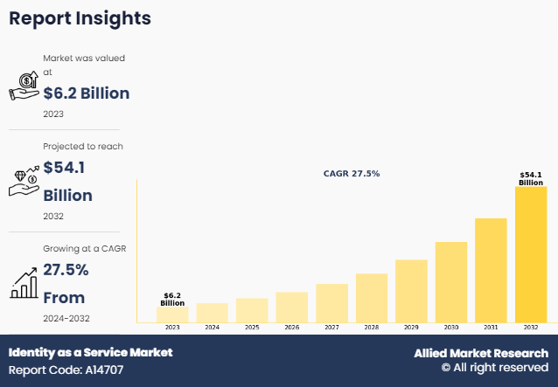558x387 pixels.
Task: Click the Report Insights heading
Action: click(x=80, y=18)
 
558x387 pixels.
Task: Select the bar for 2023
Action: click(x=172, y=314)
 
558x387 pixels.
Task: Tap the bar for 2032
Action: click(x=531, y=254)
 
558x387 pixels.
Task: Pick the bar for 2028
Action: click(x=372, y=297)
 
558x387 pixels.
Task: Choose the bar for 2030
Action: click(x=451, y=281)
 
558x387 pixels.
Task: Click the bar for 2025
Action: click(x=252, y=309)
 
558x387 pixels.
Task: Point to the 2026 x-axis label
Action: click(x=291, y=328)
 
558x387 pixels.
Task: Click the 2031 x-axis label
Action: click(x=491, y=328)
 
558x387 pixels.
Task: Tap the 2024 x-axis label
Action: click(x=212, y=328)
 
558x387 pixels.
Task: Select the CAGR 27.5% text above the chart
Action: click(x=352, y=174)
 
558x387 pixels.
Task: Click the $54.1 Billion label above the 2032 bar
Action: click(x=531, y=179)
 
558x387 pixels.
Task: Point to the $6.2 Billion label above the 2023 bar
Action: click(x=172, y=300)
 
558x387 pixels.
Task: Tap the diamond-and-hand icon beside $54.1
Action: click(x=24, y=181)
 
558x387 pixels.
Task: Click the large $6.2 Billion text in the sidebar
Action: click(x=86, y=93)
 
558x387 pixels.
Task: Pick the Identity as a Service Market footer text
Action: click(x=90, y=352)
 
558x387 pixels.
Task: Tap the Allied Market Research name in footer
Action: click(x=480, y=353)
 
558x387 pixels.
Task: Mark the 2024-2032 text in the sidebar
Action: click(x=66, y=318)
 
